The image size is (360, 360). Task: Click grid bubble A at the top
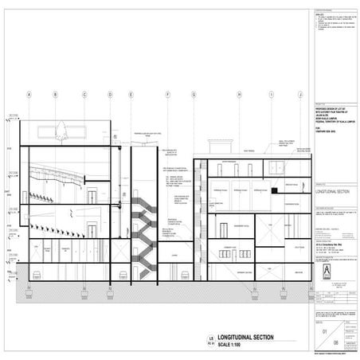(29, 94)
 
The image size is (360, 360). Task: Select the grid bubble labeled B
(55, 94)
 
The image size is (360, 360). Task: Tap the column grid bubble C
(84, 94)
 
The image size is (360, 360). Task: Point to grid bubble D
(109, 94)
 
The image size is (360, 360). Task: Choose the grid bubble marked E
(131, 94)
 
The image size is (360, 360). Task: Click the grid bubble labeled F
(169, 94)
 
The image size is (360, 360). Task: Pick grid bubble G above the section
(193, 94)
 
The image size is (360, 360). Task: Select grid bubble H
(239, 94)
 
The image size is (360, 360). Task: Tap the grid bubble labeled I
(271, 94)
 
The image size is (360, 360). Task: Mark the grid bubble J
(299, 94)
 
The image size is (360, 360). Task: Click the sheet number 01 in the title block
(323, 328)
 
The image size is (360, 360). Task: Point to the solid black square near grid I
(275, 192)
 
